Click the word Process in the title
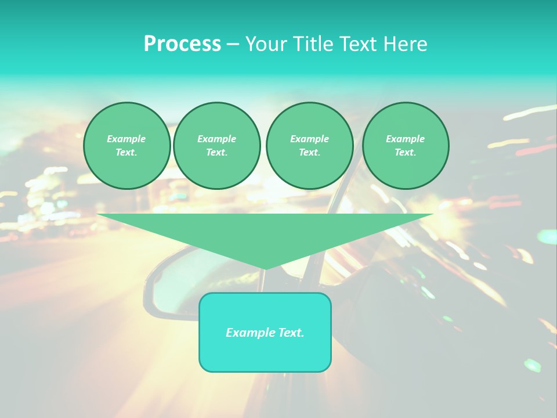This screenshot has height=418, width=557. tap(182, 44)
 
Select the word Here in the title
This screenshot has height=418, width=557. tap(406, 44)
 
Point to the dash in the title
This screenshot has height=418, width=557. tap(233, 45)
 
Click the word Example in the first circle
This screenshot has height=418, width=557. tap(126, 139)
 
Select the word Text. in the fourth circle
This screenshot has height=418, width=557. tap(406, 153)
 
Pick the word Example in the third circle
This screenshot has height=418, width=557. tap(310, 139)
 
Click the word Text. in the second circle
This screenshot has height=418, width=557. tap(217, 153)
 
